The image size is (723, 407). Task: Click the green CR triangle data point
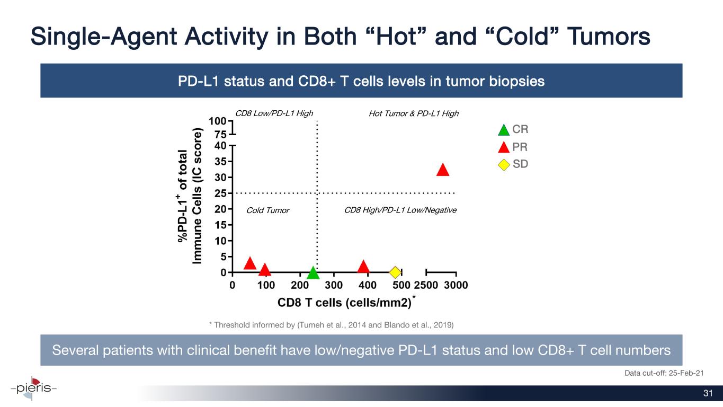tap(313, 273)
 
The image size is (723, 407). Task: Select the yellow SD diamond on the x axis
tap(395, 272)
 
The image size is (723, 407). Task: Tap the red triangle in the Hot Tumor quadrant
tap(443, 170)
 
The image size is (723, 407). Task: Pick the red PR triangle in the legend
tap(504, 147)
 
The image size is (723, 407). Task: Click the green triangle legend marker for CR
tap(504, 130)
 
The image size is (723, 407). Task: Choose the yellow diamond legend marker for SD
tap(504, 164)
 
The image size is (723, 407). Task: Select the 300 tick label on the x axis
tap(334, 285)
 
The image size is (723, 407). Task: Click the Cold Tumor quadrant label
tap(268, 210)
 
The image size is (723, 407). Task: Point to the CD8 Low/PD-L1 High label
tap(274, 113)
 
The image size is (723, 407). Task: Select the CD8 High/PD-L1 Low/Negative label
tap(400, 210)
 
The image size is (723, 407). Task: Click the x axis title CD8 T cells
tap(344, 303)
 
